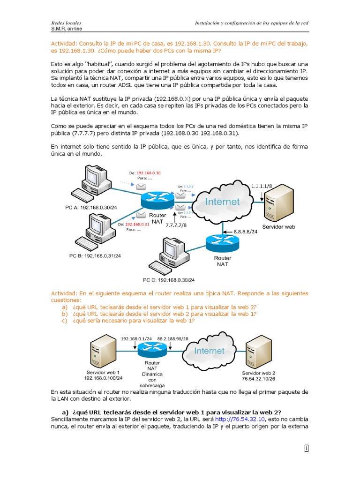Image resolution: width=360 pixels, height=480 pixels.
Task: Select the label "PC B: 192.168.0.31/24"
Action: (96, 256)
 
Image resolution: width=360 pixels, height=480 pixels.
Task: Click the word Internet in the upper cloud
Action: (223, 202)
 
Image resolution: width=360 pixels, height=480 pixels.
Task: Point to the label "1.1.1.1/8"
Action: (262, 186)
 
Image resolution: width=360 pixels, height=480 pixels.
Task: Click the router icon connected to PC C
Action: (222, 243)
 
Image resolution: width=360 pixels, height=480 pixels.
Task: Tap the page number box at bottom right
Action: (306, 449)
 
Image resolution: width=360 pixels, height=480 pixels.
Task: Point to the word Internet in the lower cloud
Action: (209, 351)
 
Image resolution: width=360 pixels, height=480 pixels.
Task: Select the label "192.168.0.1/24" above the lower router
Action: (136, 338)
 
